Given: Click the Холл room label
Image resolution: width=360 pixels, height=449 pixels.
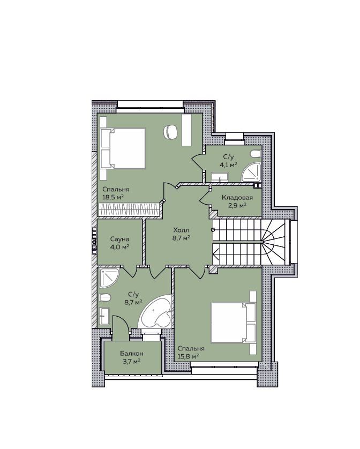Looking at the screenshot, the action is pos(181,230).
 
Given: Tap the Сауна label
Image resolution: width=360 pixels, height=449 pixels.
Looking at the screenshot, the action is pos(119,239).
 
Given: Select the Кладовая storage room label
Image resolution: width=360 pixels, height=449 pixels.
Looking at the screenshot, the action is pos(237,198).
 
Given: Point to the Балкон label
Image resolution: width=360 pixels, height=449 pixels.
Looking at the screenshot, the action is pos(132,354).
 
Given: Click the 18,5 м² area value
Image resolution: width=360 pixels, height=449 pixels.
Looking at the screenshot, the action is pos(113,197).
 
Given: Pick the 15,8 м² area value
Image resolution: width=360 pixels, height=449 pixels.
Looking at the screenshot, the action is pos(188,356).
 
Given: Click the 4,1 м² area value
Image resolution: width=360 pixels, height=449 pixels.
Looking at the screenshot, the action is pos(228,164).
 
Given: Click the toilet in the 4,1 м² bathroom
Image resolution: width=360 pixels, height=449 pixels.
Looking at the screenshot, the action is pos(256,154).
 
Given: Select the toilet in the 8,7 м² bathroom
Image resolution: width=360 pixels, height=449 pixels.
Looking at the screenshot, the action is pos(105,297).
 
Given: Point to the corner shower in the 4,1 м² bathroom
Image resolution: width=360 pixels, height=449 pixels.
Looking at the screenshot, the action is pos(251,172).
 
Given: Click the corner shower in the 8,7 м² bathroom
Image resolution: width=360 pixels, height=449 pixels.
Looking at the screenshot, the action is pos(109,278).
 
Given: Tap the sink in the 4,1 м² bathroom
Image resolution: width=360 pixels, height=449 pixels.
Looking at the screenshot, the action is pos(220,177).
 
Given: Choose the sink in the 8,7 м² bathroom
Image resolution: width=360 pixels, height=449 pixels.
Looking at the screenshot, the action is pos(104,316).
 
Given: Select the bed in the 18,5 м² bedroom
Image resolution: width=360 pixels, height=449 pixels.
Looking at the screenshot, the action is pos(123,148).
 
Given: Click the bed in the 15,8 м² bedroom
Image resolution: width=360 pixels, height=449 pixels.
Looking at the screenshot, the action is pos(233,323).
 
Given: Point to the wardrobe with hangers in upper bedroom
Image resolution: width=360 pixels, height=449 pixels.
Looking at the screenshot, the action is pos(129,209).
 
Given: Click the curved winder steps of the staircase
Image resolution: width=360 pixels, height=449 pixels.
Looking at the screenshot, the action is pos(274,242).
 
